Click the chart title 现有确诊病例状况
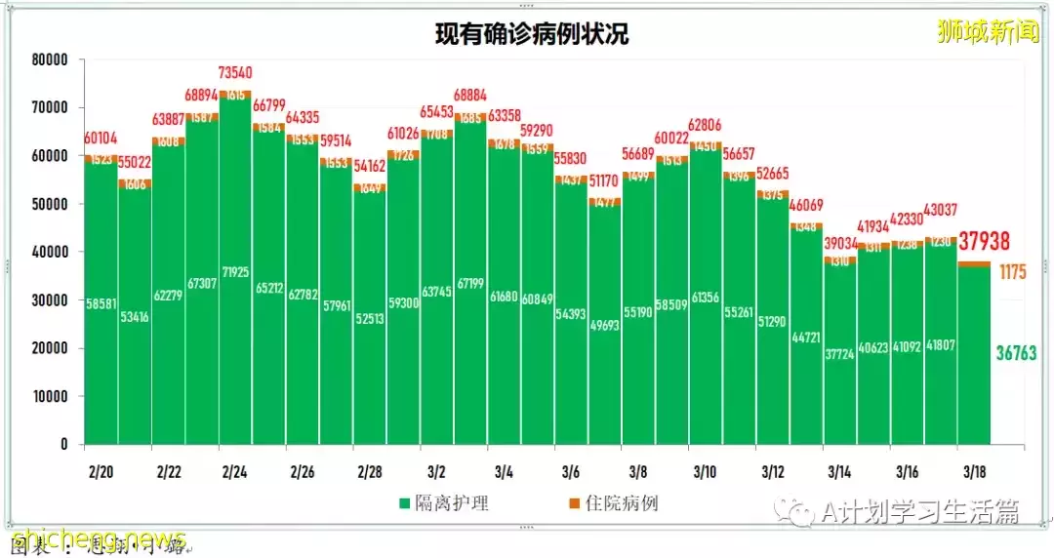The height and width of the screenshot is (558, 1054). click(532, 35)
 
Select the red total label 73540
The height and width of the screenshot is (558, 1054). click(234, 73)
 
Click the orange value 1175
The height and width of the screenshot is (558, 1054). click(1013, 272)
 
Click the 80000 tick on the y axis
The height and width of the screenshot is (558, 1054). click(48, 60)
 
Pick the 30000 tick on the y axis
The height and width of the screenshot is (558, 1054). click(48, 300)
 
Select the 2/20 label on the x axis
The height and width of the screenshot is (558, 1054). click(100, 472)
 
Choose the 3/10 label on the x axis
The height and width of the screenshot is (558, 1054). click(705, 472)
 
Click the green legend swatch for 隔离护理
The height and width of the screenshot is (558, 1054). click(403, 504)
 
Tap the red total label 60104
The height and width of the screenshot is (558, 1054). click(101, 139)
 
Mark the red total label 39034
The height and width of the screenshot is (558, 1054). click(838, 243)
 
